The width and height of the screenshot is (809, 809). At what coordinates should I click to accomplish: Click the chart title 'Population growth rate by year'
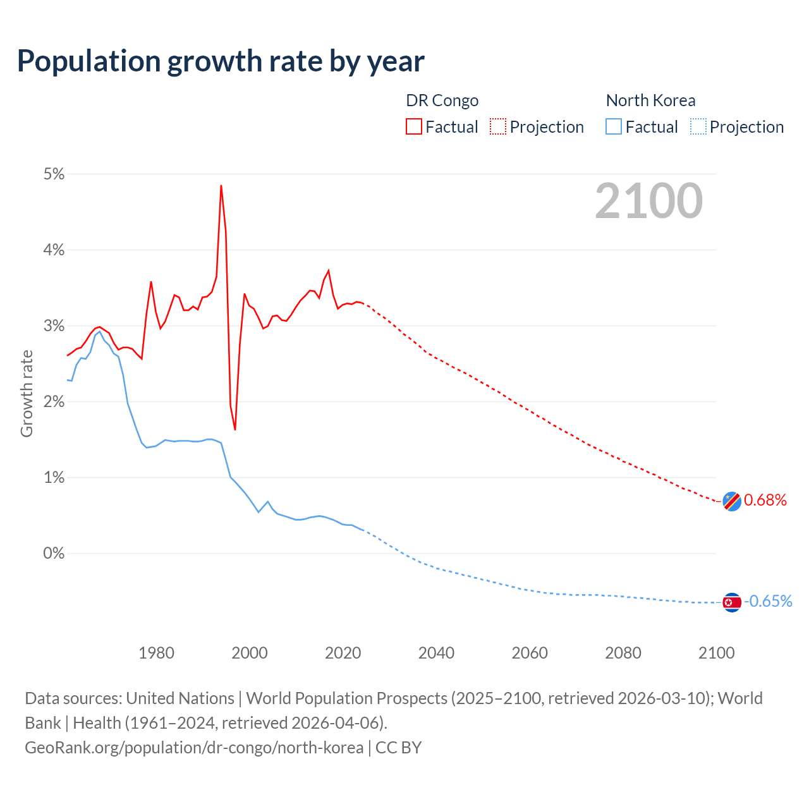point(221,61)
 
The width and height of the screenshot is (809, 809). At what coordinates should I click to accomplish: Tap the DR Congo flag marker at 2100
point(732,501)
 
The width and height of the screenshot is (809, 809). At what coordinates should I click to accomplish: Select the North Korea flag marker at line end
point(732,602)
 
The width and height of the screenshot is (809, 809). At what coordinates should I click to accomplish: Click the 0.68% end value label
point(765,501)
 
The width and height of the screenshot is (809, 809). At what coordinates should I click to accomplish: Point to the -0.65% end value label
point(768,601)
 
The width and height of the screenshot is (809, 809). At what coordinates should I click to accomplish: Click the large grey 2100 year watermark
point(648,201)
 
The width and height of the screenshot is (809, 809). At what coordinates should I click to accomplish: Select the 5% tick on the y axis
point(54,174)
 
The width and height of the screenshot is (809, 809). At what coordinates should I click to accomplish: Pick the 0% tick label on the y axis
point(54,554)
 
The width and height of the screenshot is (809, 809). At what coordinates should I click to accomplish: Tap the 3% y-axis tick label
point(54,326)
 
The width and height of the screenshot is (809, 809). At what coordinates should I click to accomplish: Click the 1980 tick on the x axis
point(156,653)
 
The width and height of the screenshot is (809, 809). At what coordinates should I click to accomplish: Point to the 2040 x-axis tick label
point(436,653)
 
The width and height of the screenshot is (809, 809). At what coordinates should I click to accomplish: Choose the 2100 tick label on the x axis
point(716,653)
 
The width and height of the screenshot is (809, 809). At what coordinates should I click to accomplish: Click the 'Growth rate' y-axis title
point(27,393)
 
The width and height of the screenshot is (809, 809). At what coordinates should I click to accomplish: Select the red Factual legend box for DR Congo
point(414,127)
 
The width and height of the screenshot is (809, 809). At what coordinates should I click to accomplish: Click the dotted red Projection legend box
point(498,127)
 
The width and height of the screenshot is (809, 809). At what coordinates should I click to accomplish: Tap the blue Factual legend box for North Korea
point(614,127)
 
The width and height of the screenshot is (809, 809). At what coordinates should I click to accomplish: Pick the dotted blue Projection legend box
point(698,127)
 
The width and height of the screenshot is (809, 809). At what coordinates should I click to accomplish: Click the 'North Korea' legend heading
point(650,100)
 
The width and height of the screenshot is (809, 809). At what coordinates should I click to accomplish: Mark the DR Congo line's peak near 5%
point(221,186)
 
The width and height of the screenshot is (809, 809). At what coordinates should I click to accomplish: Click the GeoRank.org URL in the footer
point(194,748)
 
